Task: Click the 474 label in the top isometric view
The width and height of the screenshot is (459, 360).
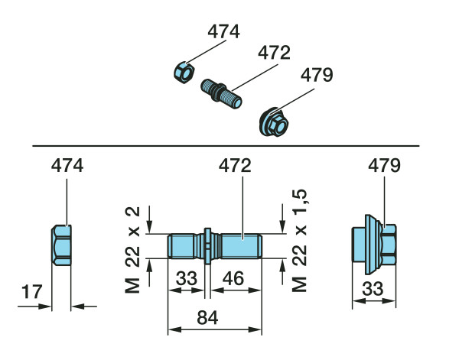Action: coord(223,32)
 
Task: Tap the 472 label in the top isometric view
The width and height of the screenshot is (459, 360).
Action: coord(274,54)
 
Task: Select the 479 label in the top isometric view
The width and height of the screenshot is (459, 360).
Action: coord(316,75)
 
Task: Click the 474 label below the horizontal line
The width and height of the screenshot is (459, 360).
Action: coord(67,165)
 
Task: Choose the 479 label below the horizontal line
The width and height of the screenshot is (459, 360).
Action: coord(384,165)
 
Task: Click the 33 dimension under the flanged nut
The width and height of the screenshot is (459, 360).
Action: coord(375,290)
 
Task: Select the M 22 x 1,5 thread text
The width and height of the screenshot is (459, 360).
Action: coord(299,242)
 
